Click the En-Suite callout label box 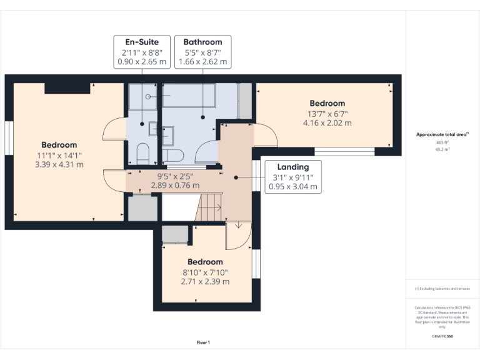click(142, 52)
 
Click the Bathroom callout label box click(202, 52)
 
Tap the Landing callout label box click(293, 177)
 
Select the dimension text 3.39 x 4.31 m click(59, 165)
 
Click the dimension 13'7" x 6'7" click(327, 114)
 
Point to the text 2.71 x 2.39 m click(205, 282)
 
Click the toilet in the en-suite click(142, 153)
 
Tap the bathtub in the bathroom click(189, 95)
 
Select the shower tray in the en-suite click(142, 96)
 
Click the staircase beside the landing click(209, 207)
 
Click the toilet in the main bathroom click(172, 156)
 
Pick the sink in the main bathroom click(167, 136)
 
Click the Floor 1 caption click(203, 342)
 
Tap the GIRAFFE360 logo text click(442, 336)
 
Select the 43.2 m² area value click(442, 149)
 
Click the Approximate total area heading click(442, 134)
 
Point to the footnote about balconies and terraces click(442, 289)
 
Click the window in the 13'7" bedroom click(345, 151)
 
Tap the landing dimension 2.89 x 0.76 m click(175, 186)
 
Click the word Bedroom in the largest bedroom click(59, 145)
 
